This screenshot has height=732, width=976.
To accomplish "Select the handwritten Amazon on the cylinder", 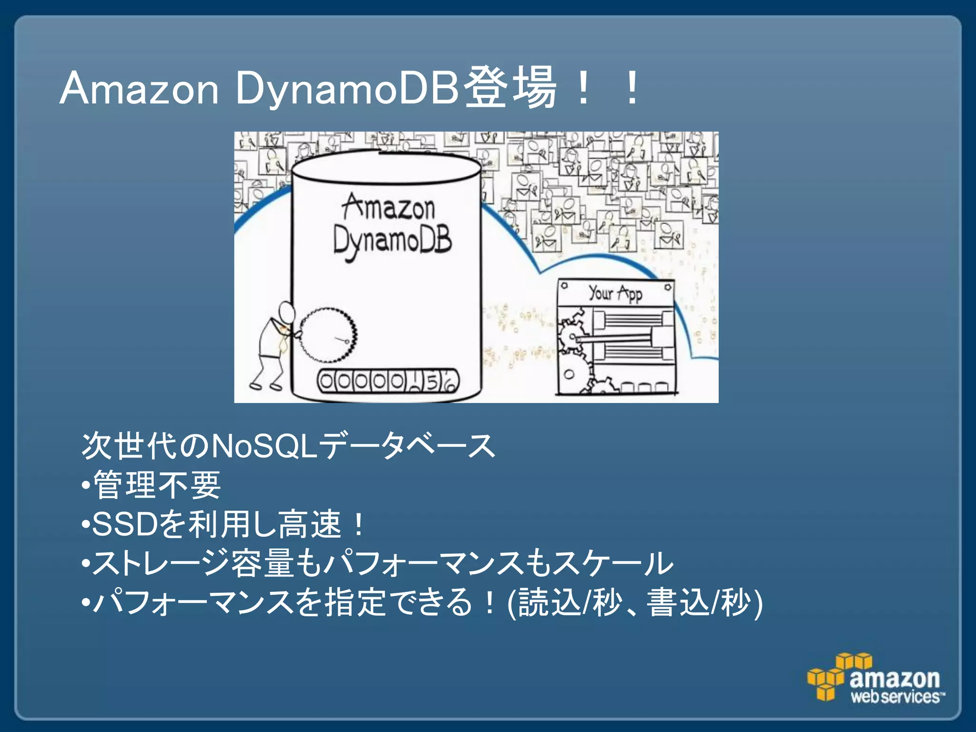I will pyautogui.click(x=389, y=208).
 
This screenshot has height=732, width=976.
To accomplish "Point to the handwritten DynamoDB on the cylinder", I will pyautogui.click(x=392, y=241).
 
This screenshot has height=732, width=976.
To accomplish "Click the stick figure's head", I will pyautogui.click(x=287, y=313).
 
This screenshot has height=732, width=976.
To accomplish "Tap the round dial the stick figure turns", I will pyautogui.click(x=328, y=335).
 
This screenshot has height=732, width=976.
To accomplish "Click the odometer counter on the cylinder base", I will pyautogui.click(x=388, y=381).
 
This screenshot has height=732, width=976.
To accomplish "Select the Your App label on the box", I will pyautogui.click(x=615, y=293).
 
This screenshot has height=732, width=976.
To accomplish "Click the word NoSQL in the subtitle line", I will pyautogui.click(x=264, y=446).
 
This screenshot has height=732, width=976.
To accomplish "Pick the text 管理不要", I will pyautogui.click(x=157, y=485).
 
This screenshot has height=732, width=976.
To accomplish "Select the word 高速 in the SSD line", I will pyautogui.click(x=310, y=524).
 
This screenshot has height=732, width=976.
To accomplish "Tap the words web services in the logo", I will pyautogui.click(x=896, y=697).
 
